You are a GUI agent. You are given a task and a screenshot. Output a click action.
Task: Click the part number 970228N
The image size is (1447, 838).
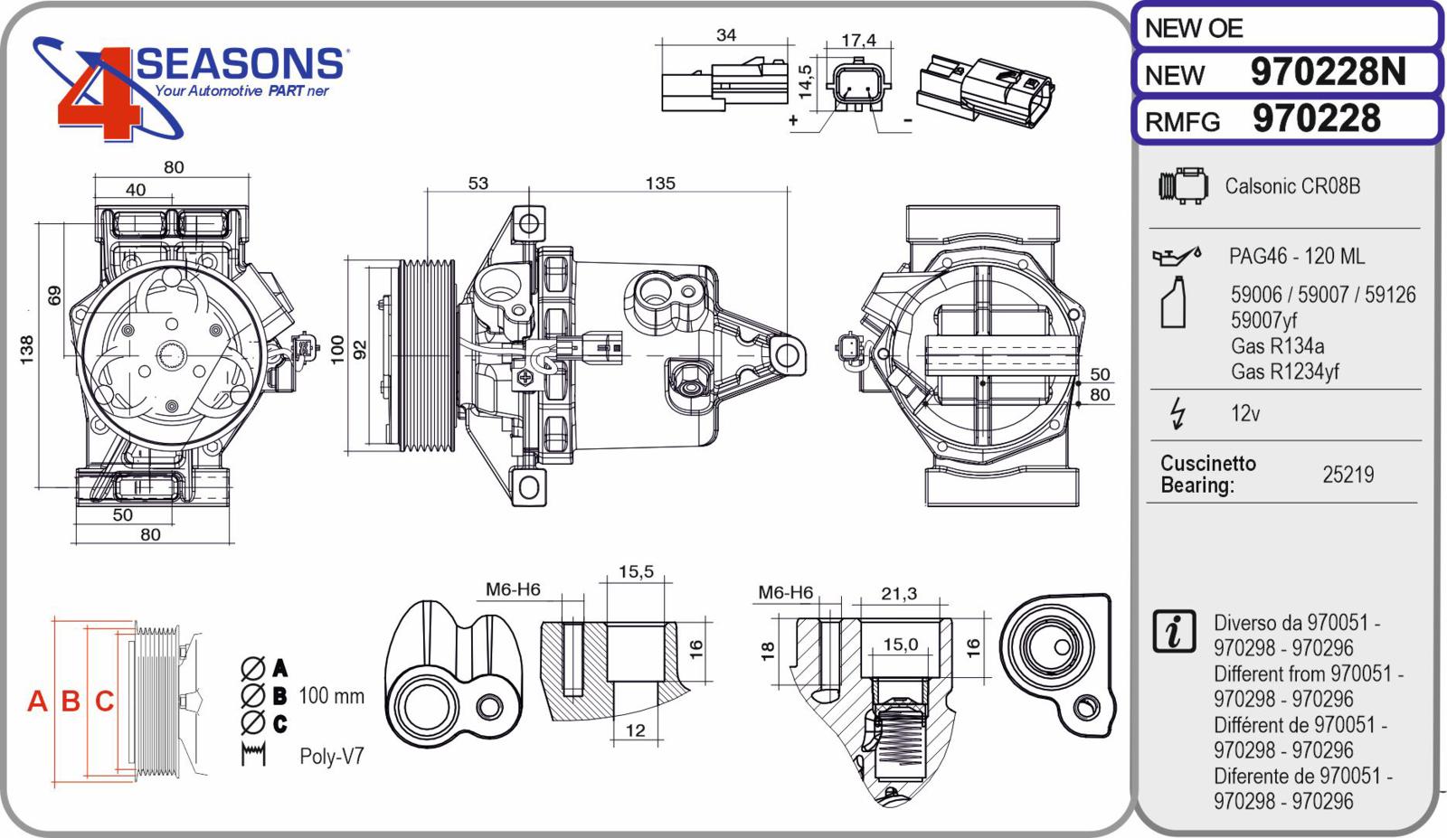tap(1329, 71)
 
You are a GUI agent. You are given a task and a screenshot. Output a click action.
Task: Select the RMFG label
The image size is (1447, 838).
tap(1182, 122)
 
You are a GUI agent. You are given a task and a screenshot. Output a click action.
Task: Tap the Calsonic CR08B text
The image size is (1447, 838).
tap(1292, 186)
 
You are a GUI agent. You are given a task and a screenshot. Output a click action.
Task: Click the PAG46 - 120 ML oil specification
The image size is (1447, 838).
tap(1297, 257)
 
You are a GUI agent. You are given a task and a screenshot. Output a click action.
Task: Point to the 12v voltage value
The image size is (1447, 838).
tap(1245, 413)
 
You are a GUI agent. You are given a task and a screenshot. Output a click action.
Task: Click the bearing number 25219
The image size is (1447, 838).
tap(1348, 475)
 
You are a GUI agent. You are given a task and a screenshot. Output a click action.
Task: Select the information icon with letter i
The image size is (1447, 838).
tap(1174, 631)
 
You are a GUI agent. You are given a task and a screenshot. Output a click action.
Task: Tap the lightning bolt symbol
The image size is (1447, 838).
tap(1178, 413)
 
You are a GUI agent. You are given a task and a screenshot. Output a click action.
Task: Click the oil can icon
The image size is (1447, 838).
tap(1177, 256)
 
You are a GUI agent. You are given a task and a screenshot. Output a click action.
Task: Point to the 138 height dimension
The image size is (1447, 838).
tap(26, 350)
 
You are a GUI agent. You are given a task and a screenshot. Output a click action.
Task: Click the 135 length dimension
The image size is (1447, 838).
tap(660, 184)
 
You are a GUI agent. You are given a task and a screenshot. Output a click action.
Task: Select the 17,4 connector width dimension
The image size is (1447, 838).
tap(858, 40)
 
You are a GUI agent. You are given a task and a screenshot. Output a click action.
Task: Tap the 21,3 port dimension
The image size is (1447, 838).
tap(899, 593)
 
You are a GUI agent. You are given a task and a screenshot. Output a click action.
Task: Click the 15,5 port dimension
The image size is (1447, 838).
tap(636, 571)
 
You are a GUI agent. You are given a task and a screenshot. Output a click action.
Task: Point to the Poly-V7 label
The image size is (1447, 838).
tap(332, 756)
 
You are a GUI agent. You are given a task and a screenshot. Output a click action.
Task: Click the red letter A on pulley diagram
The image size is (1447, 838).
tap(37, 701)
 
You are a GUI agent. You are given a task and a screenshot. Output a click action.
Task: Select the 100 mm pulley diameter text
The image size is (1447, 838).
tap(331, 696)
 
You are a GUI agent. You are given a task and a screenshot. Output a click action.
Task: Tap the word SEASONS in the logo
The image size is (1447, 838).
tap(240, 64)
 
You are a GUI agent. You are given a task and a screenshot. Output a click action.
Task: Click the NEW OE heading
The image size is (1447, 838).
tap(1194, 28)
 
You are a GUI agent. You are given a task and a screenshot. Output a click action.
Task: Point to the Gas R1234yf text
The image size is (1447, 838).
tap(1285, 372)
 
